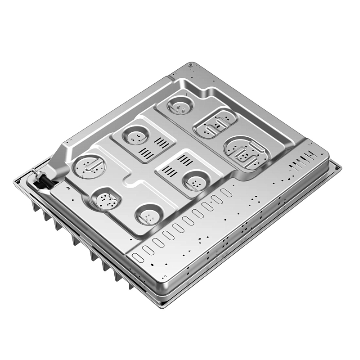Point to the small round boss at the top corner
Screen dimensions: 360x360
[x=191, y=65]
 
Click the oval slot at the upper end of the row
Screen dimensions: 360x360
[x=226, y=193]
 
